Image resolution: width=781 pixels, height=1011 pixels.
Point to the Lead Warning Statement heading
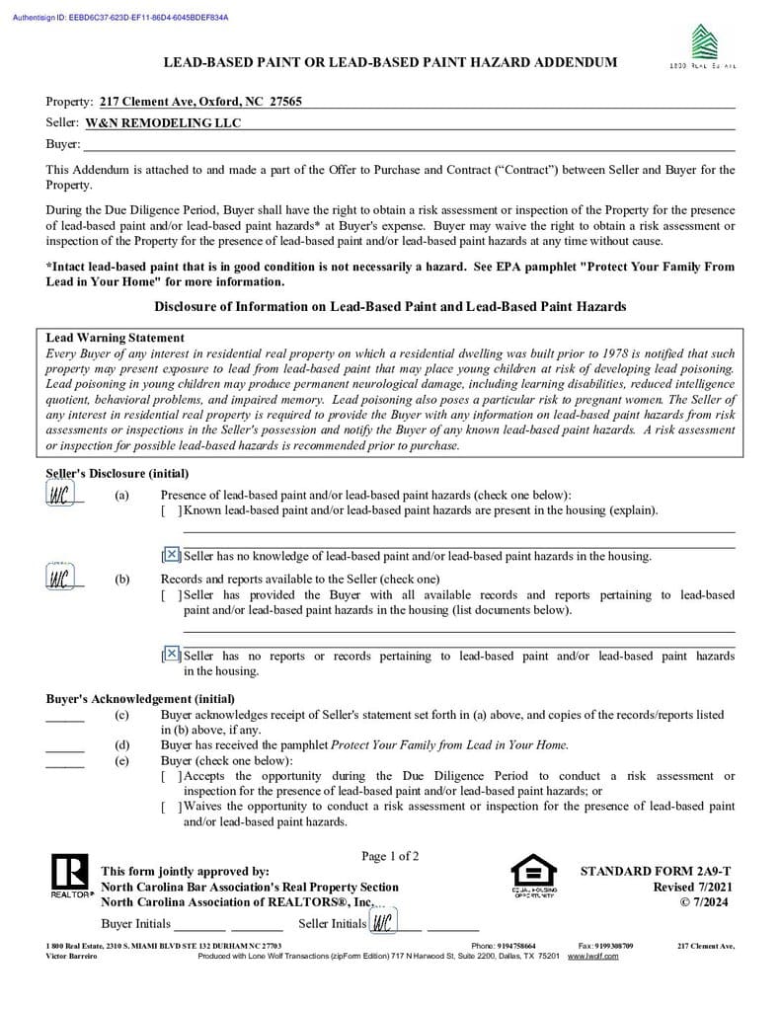pos(115,338)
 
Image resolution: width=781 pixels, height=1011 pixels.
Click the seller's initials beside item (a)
pos(59,495)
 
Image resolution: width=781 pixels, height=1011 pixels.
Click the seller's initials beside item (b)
pos(59,578)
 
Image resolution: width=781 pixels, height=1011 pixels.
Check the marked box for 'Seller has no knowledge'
pos(172,555)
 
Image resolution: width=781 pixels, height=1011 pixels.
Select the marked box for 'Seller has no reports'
pos(172,655)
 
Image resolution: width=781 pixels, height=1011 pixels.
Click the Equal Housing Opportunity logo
pos(532,875)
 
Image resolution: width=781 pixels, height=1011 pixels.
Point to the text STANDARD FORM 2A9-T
pos(656,871)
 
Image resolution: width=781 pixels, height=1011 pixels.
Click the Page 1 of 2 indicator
pos(390,856)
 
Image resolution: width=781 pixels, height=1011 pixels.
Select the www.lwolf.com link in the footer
pos(592,956)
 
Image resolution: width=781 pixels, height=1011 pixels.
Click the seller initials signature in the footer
pos(382,923)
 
